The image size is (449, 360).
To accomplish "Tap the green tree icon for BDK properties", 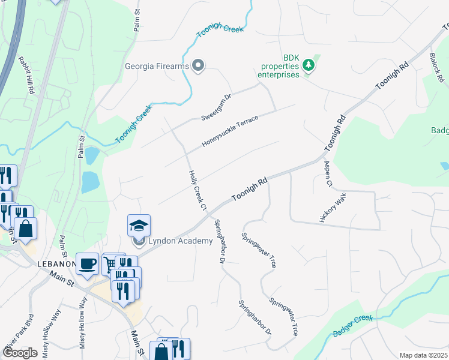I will coord(309,64).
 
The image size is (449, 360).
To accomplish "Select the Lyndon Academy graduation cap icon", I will coord(139,226).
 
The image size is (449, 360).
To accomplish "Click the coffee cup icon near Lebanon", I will coord(87,263).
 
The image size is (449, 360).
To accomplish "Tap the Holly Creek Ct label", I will coord(197,190).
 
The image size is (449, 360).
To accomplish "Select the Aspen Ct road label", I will coord(328,175).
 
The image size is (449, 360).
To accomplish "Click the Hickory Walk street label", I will coord(333,208).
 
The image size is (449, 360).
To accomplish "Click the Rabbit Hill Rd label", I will coord(26,74).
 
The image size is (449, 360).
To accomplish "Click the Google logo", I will coord(20,352).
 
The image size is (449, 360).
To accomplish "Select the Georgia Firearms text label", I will coord(157,67).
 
